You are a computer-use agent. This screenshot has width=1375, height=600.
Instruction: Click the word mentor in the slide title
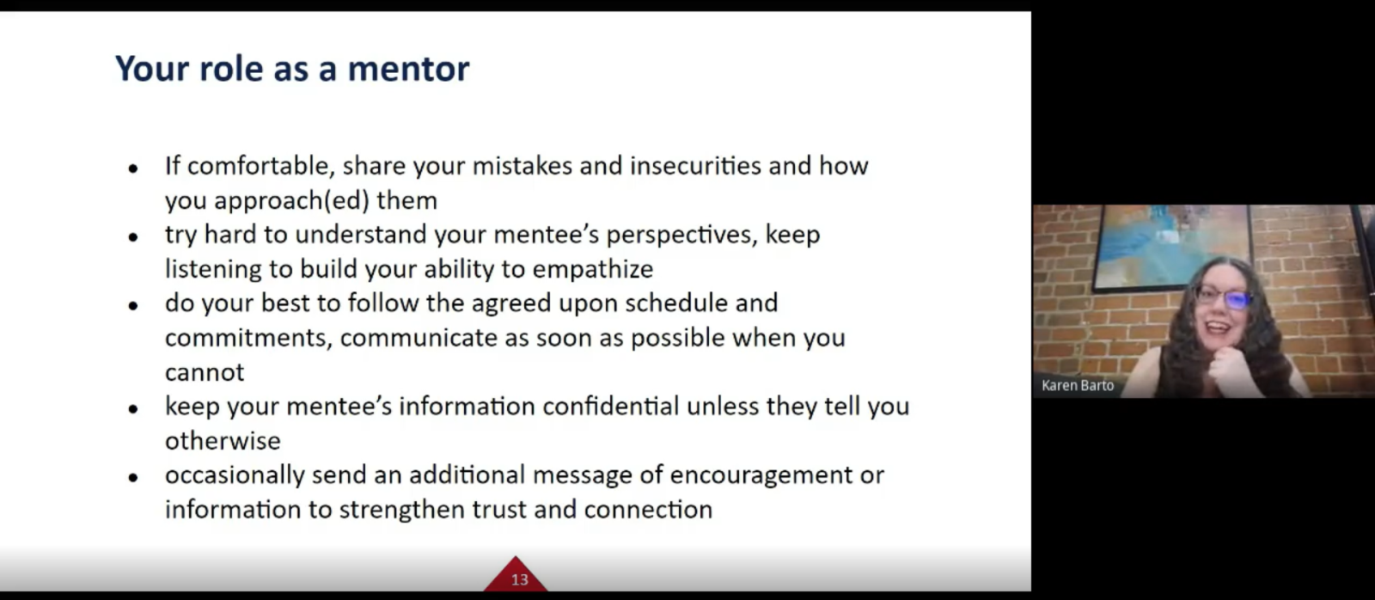pos(408,68)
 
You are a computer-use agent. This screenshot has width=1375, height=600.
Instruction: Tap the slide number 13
pos(519,579)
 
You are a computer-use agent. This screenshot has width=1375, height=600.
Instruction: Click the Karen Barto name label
pos(1078,386)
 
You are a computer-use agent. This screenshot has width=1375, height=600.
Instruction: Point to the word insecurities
pos(695,166)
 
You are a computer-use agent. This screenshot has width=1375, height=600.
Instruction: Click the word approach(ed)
pos(291,201)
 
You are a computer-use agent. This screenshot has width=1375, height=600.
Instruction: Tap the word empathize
pos(593,270)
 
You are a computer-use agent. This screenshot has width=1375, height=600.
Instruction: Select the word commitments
pos(248,339)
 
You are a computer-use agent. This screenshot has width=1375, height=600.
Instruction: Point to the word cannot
pos(205,373)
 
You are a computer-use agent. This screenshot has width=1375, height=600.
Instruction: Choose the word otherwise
pos(223,441)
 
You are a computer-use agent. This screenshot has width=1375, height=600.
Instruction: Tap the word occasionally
pos(235,475)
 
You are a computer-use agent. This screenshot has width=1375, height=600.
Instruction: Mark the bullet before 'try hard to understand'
pos(133,236)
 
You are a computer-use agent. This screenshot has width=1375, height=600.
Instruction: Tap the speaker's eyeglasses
pos(1223,297)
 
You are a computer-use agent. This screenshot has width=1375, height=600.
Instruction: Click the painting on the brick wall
pos(1171,246)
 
